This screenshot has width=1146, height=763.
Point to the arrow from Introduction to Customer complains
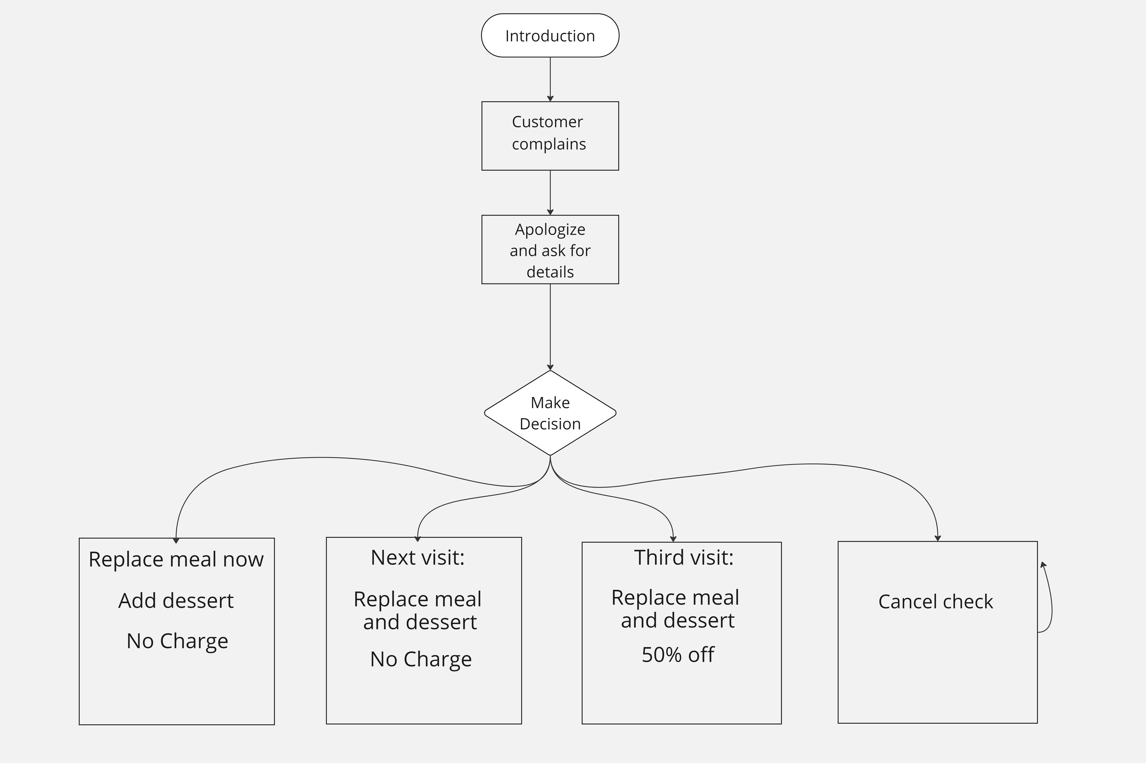pos(550,79)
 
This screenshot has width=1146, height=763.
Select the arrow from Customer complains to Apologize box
pos(550,192)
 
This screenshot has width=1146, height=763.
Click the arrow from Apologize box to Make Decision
pos(550,326)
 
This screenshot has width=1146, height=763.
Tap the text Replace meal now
pos(176,560)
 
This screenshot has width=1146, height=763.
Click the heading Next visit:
pos(417,558)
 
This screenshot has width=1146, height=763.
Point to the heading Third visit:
pos(683,558)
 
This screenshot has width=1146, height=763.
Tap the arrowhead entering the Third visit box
pos(673,539)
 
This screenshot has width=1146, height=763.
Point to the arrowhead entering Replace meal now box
pos(176,540)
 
